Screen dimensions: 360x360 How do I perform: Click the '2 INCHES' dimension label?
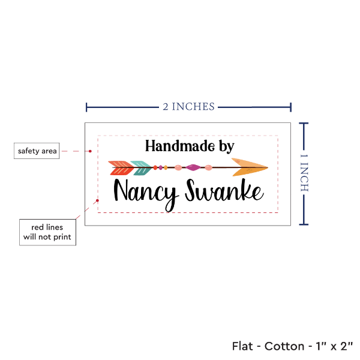tap(188, 107)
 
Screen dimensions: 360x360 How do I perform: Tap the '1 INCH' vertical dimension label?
tap(304, 173)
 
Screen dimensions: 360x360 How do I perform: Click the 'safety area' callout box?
tap(37, 151)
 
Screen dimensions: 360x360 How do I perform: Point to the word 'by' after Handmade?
tap(222, 146)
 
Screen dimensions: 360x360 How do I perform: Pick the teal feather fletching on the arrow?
tap(141, 168)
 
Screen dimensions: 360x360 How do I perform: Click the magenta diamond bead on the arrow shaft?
tap(193, 167)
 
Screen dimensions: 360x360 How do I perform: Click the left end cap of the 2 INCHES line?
tap(87, 107)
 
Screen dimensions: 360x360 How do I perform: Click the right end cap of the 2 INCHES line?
tap(291, 107)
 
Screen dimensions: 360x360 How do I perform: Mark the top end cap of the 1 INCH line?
tap(304, 123)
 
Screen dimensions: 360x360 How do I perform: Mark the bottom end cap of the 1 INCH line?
tap(304, 225)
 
